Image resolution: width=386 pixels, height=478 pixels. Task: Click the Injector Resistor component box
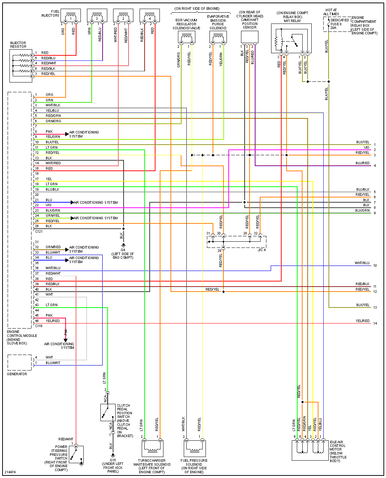(x=21, y=66)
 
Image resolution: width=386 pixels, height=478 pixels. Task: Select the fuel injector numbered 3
(x=97, y=16)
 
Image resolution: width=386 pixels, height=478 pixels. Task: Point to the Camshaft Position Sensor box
(x=249, y=37)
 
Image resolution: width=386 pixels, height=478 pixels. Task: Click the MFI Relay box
(x=291, y=39)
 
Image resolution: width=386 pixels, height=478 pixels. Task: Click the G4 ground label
(x=123, y=250)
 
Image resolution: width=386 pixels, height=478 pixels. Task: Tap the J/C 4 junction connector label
(x=262, y=250)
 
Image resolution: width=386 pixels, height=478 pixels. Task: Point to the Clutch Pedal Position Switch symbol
(x=108, y=413)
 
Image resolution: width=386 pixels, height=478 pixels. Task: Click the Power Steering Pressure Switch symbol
(x=76, y=454)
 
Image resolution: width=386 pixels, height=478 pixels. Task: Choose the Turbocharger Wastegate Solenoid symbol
(x=152, y=448)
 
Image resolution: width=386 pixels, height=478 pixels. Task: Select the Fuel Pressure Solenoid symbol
(x=194, y=448)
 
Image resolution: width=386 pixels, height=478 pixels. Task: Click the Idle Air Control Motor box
(x=310, y=450)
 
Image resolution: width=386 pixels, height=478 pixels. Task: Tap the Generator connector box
(x=20, y=362)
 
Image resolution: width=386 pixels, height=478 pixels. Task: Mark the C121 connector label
(x=39, y=232)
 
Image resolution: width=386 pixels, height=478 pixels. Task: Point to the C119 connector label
(x=39, y=326)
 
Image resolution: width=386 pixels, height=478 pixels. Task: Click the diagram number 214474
(x=10, y=472)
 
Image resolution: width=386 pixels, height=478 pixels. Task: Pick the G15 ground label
(x=113, y=460)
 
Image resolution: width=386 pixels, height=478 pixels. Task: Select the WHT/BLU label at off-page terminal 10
(x=362, y=263)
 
